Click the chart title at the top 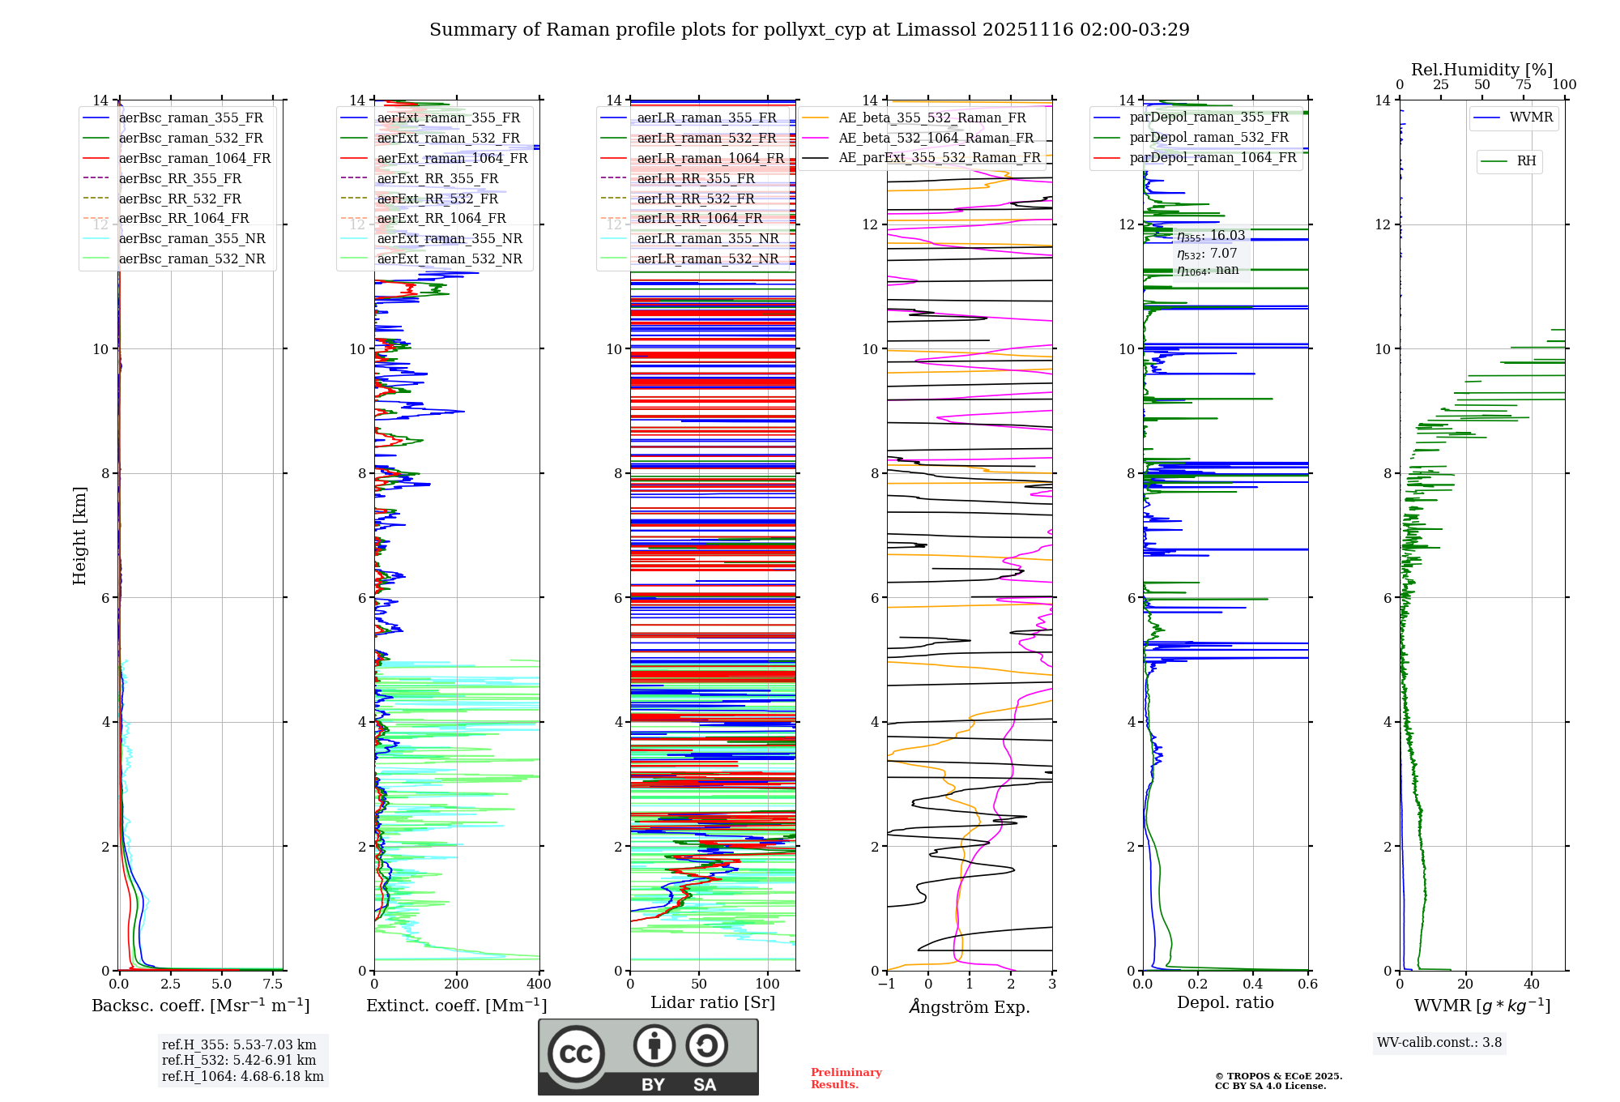[x=809, y=30]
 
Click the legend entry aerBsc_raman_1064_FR [x=194, y=159]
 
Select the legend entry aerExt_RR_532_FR [x=437, y=199]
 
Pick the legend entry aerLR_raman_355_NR [x=707, y=239]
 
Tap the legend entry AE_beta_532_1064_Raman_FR [x=936, y=139]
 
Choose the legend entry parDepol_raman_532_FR [x=1209, y=138]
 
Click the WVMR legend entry [x=1531, y=117]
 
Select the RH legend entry [x=1526, y=161]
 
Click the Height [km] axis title [x=79, y=536]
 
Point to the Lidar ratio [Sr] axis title [x=713, y=1003]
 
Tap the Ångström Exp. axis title [x=970, y=1007]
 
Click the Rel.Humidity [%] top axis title [x=1481, y=70]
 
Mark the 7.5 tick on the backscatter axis [x=273, y=985]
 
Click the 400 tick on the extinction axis [x=539, y=985]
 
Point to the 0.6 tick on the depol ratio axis [x=1307, y=985]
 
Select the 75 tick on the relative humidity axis [x=1523, y=85]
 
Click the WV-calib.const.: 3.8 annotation [x=1439, y=1043]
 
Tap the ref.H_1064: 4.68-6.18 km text [x=242, y=1077]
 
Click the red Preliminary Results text [x=846, y=1079]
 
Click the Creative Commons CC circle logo [x=577, y=1054]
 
